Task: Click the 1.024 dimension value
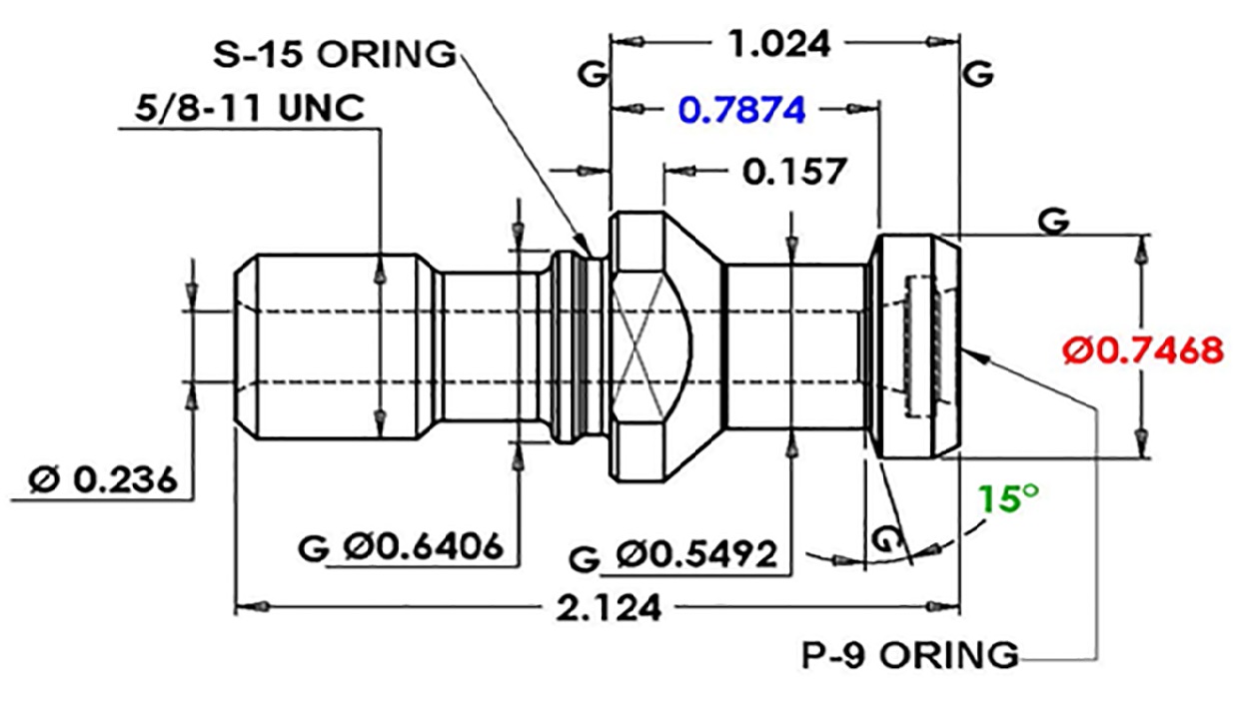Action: point(779,44)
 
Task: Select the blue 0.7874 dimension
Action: point(742,110)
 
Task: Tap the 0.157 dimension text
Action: point(794,172)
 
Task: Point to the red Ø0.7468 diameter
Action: point(1143,352)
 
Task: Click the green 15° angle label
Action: point(1008,498)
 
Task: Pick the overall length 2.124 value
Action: point(609,608)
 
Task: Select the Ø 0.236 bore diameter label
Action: point(103,479)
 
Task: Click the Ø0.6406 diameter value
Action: point(424,546)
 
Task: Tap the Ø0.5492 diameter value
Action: point(696,554)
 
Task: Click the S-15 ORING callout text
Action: point(335,54)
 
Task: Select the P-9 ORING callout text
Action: point(909,655)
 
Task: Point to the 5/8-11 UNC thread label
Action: point(250,108)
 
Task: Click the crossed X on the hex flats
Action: point(637,347)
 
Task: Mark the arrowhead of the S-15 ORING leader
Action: point(585,246)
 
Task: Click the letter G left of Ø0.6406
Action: point(313,548)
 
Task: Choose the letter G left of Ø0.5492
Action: point(585,560)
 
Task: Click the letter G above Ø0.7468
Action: point(1053,222)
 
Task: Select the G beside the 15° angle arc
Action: point(886,538)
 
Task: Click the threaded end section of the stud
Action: point(337,347)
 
